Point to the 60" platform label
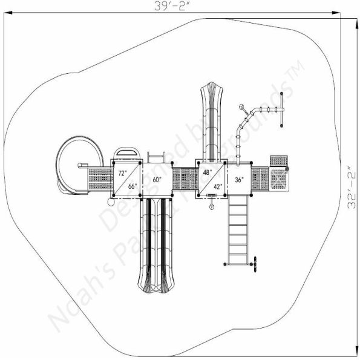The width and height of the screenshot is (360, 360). click(157, 180)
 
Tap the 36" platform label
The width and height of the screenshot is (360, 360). click(239, 180)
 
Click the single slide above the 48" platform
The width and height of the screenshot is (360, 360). click(212, 121)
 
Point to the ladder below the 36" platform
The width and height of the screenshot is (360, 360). click(238, 230)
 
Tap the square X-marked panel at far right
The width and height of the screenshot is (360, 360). click(279, 178)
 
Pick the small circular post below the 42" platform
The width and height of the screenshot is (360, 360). click(212, 207)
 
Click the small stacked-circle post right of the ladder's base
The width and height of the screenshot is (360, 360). click(255, 263)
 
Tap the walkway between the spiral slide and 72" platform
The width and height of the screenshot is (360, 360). click(100, 179)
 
